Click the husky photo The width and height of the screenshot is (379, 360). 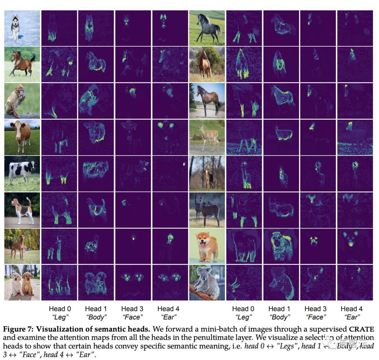tap(22, 28)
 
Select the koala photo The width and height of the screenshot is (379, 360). tap(207, 283)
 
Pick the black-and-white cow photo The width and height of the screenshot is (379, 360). tap(22, 173)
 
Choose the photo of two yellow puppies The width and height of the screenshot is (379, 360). tap(22, 283)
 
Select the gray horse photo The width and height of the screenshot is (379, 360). tap(207, 28)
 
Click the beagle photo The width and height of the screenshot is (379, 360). tap(22, 210)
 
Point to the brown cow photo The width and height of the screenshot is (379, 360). tap(22, 137)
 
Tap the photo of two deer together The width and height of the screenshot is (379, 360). tap(207, 210)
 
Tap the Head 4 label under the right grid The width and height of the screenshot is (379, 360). tap(352, 309)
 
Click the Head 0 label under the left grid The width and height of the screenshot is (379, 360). tap(60, 309)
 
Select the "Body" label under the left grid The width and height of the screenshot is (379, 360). tap(96, 317)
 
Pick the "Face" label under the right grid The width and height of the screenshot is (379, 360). tap(315, 317)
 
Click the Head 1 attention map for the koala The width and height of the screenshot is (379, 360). tap(281, 283)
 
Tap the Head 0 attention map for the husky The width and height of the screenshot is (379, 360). tap(59, 28)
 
